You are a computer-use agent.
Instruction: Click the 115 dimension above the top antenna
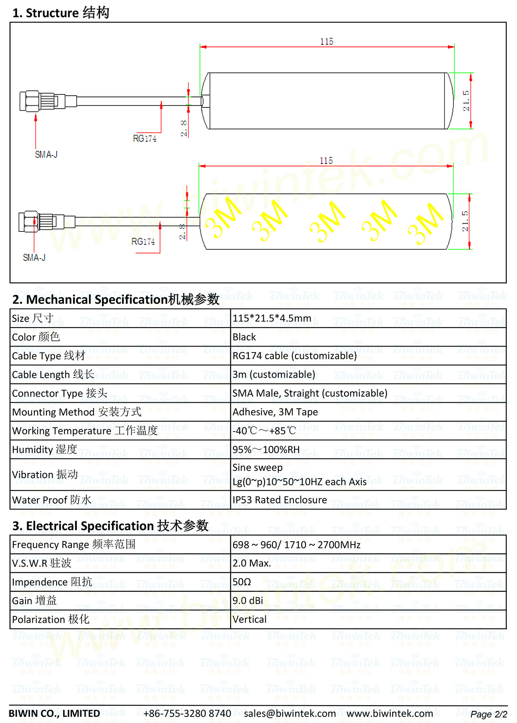[326, 42]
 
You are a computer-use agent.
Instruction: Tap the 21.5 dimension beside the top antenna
[466, 101]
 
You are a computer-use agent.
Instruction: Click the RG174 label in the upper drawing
[145, 139]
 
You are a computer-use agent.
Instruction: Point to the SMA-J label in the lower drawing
[34, 258]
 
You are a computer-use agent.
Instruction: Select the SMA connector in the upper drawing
[42, 101]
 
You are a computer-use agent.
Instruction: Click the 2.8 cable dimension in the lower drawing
[182, 232]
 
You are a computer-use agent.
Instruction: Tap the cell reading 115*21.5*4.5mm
[272, 318]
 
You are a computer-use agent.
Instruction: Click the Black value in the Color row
[244, 337]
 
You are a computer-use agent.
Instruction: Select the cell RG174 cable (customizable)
[294, 356]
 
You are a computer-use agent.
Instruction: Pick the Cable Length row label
[53, 374]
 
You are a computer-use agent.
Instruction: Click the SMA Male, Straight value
[310, 393]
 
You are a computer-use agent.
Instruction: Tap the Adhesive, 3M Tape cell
[275, 412]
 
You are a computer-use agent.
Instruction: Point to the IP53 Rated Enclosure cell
[280, 500]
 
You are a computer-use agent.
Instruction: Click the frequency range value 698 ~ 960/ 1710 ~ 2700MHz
[296, 545]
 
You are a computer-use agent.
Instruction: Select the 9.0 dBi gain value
[248, 601]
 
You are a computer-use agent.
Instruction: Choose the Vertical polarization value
[250, 620]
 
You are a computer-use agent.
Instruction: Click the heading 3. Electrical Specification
[110, 526]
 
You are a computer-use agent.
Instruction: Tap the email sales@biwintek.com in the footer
[290, 714]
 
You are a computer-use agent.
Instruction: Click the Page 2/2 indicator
[489, 714]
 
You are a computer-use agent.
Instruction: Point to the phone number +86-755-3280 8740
[187, 714]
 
